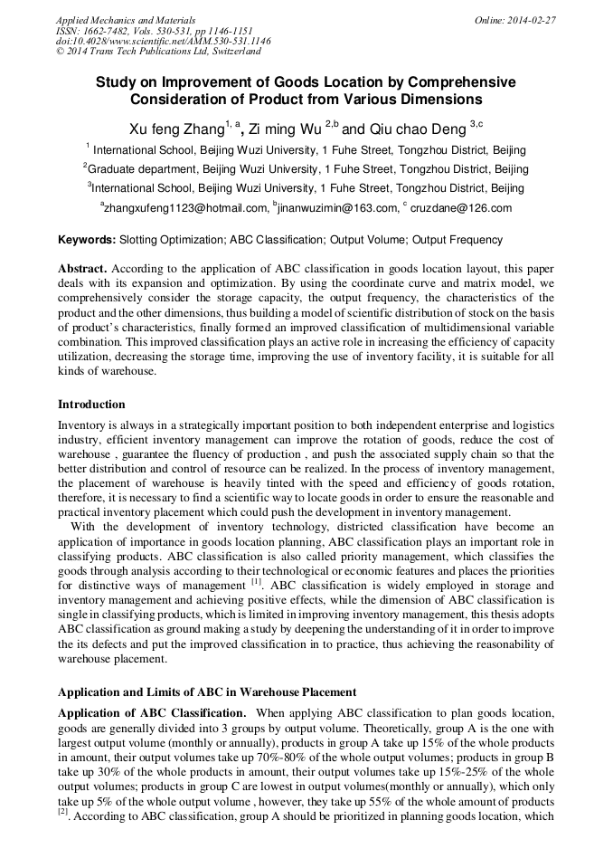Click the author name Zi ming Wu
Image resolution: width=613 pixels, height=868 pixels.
click(x=287, y=130)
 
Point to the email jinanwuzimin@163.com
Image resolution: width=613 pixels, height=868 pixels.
click(x=337, y=208)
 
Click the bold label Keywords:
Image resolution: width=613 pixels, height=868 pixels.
click(x=87, y=240)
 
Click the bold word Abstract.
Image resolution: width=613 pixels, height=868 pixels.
click(x=82, y=270)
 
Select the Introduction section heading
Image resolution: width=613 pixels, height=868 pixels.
click(x=91, y=404)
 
